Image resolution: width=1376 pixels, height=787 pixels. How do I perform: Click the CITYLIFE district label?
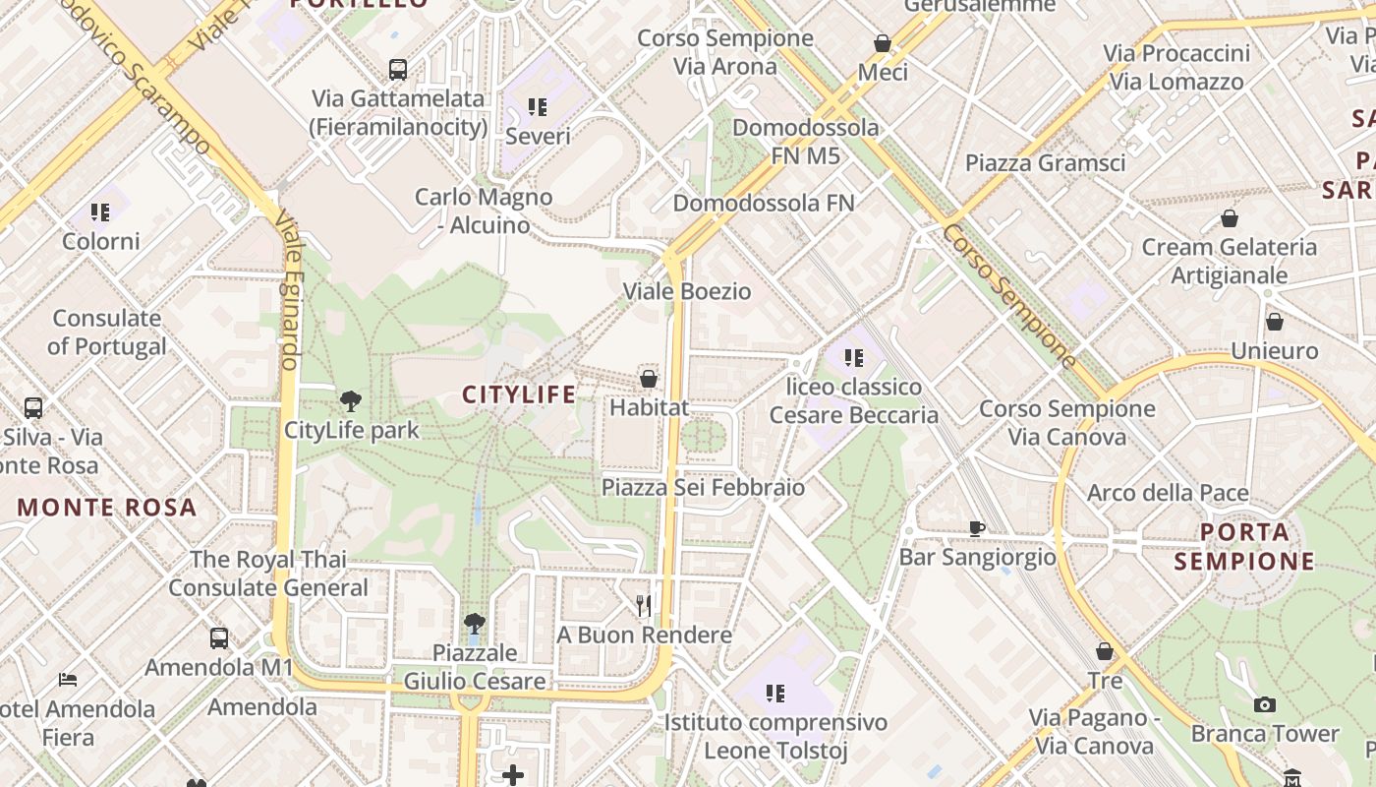[519, 394]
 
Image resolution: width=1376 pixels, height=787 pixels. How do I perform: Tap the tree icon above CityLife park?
[350, 401]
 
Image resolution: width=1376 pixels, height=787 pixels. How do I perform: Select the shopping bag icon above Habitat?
[649, 378]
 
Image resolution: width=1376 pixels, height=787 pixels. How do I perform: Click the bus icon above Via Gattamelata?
[397, 70]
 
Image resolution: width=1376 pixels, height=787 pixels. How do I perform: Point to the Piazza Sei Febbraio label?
[703, 487]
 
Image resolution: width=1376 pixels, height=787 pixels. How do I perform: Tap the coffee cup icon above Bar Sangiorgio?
[977, 528]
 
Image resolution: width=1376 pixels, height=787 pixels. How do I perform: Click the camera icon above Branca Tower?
[1265, 704]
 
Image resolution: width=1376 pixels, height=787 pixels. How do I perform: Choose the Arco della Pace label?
[1168, 493]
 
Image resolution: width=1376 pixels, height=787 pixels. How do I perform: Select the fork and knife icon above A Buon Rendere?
[644, 605]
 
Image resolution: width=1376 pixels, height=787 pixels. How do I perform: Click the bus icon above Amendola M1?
[219, 638]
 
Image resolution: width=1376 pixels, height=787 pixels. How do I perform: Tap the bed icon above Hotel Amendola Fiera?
[68, 680]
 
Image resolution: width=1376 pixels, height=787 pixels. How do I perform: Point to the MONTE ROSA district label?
[107, 508]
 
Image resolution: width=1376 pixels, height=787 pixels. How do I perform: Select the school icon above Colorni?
[100, 212]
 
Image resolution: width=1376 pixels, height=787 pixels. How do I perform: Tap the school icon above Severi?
[537, 106]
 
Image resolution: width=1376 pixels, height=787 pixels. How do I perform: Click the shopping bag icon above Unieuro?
[1274, 322]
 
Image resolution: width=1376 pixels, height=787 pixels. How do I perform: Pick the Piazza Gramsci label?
[1045, 162]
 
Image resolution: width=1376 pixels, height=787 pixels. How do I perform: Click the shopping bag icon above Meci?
[883, 43]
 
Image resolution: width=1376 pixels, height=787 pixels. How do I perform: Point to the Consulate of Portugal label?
[107, 332]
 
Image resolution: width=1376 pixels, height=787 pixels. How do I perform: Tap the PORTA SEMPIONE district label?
[1244, 547]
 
